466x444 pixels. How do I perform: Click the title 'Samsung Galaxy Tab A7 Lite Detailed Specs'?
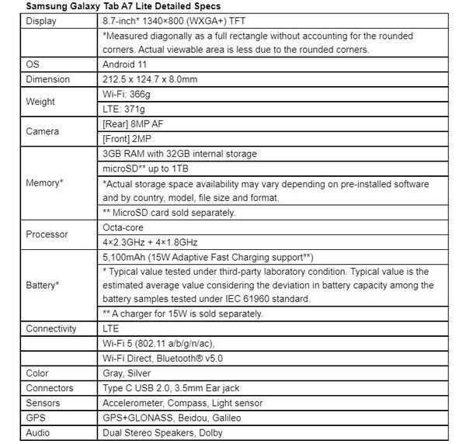click(123, 6)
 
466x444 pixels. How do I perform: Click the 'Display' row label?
click(41, 21)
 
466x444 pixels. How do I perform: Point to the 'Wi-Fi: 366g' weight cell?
click(127, 94)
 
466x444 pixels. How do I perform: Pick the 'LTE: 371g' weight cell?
click(124, 109)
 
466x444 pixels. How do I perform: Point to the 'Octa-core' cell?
click(124, 227)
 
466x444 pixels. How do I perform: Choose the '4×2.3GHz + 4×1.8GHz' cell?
click(151, 241)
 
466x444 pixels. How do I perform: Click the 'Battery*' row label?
click(43, 285)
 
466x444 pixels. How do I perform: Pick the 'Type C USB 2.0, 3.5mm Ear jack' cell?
click(173, 388)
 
